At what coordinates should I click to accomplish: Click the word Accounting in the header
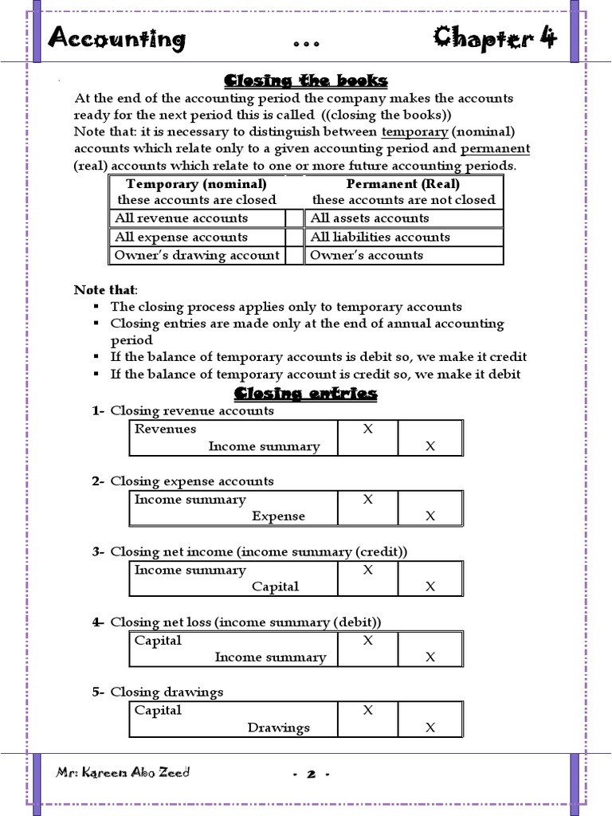point(116,38)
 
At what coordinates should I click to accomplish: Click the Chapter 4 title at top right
point(495,37)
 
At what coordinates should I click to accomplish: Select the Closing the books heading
point(306,80)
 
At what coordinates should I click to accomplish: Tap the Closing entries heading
point(306,394)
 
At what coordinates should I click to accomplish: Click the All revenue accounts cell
point(181,218)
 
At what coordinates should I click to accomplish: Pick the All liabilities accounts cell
point(380,237)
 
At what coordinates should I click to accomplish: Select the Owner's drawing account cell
point(197,255)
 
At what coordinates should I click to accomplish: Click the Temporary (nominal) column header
point(197,184)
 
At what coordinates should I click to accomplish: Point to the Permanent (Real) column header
point(403,184)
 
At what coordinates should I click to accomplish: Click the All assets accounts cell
point(370,218)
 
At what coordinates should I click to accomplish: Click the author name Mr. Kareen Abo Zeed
point(123,773)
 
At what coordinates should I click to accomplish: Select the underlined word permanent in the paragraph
point(495,148)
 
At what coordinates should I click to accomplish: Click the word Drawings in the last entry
point(278,728)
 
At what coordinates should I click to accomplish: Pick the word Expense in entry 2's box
point(278,516)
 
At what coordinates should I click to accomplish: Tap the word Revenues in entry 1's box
point(165,429)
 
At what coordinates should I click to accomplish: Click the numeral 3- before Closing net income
point(98,551)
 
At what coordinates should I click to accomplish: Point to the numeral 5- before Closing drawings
point(98,692)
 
